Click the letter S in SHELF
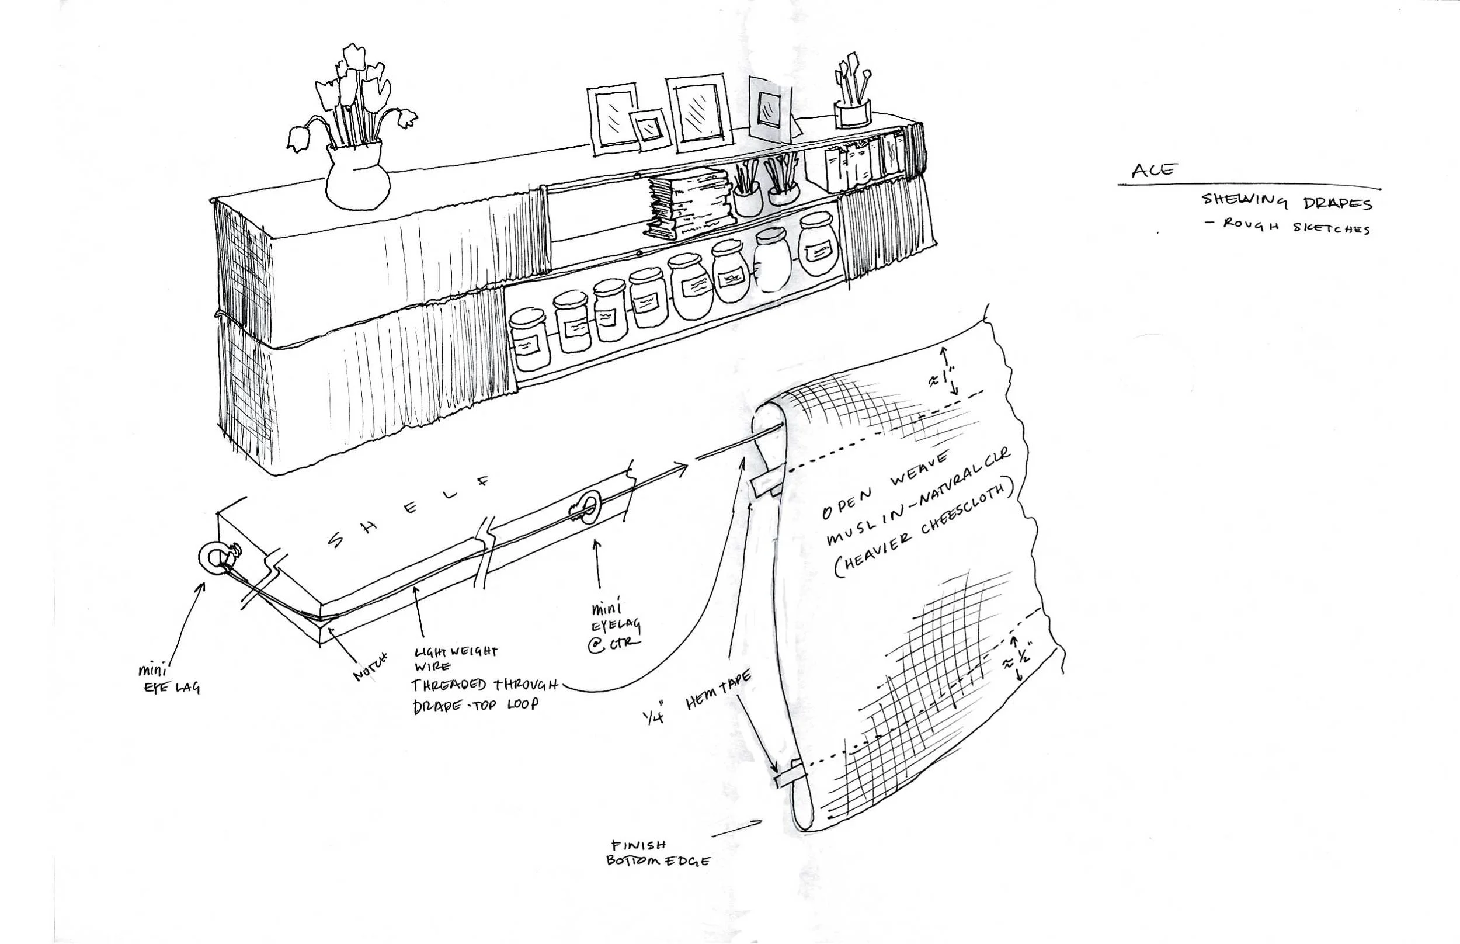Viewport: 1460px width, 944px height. pos(336,539)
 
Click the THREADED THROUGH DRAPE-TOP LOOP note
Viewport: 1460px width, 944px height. pos(484,694)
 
